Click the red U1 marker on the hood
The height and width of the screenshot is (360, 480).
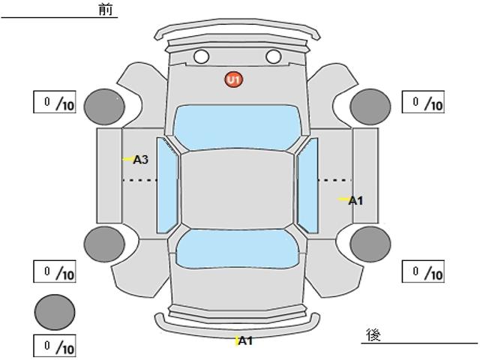234,79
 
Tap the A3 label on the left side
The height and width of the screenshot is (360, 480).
140,159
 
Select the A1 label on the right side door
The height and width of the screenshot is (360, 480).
355,200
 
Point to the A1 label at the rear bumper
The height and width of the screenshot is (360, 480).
245,341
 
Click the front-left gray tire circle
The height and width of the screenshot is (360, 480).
104,106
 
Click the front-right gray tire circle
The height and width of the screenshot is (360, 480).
370,106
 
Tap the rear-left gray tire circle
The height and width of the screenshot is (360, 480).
104,243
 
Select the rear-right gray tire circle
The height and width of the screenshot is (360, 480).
370,243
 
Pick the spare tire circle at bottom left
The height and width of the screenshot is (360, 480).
55,312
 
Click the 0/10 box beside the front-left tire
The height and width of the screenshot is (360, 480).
55,102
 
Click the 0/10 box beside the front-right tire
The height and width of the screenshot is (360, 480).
423,102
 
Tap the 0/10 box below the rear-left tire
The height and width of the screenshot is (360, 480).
55,271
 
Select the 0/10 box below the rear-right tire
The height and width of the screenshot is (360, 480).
423,271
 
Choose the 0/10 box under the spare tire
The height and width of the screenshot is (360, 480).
55,346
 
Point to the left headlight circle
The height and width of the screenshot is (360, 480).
201,56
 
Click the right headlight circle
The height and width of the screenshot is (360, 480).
273,56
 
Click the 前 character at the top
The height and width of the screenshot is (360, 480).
105,9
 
